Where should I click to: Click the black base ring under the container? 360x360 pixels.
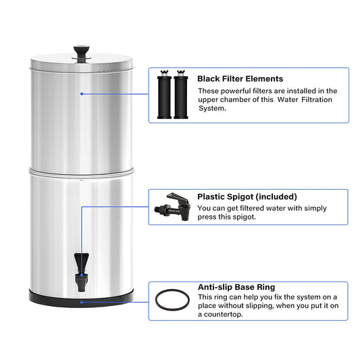point(82,299)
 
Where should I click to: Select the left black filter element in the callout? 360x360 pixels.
point(164,95)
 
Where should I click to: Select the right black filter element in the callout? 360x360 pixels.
point(181,95)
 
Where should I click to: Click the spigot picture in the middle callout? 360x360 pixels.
point(172,207)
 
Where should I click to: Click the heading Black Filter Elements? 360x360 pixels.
point(240,79)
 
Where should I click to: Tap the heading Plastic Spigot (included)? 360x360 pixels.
point(247,197)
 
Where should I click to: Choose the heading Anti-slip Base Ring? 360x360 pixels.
point(236,287)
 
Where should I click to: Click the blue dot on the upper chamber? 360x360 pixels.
point(82,94)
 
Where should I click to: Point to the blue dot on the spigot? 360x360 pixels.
point(82,275)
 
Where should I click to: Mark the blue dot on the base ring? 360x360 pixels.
point(82,302)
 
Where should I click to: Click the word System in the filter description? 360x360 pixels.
point(212,108)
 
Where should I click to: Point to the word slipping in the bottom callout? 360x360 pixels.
point(258,306)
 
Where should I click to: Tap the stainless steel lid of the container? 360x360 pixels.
point(82,62)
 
